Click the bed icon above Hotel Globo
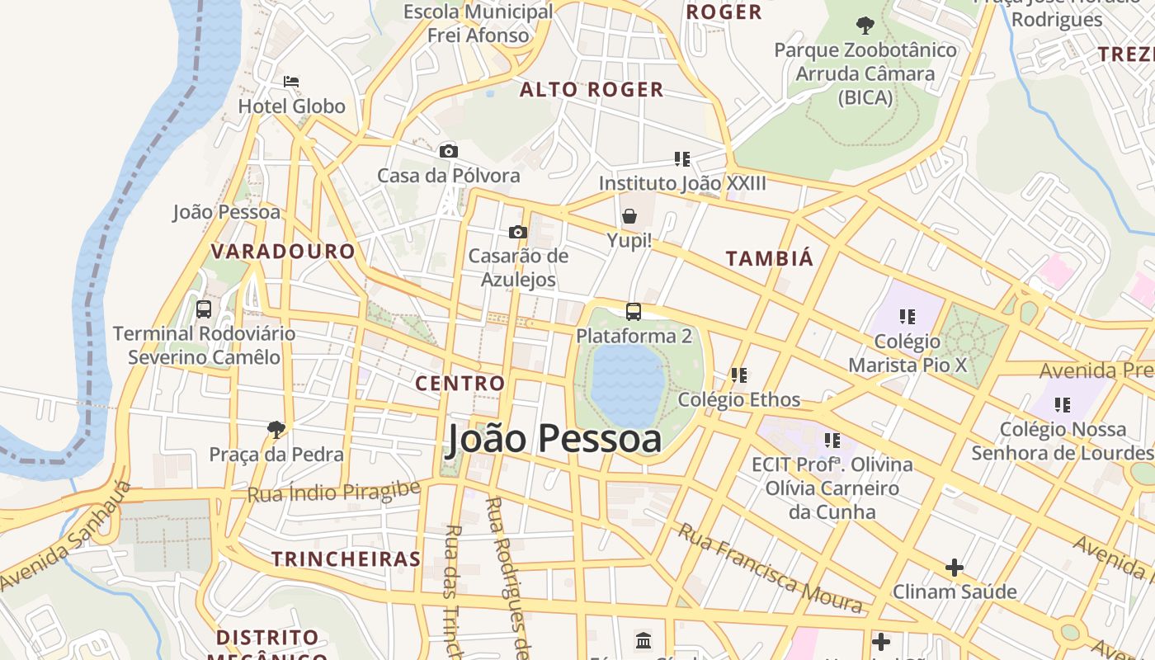(x=291, y=82)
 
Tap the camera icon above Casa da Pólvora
(x=449, y=151)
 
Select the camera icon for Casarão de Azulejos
(x=518, y=232)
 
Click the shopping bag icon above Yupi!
(x=629, y=216)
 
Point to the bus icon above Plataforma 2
(x=634, y=312)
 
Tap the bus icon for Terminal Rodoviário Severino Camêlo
(x=204, y=309)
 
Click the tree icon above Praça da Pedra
(x=276, y=429)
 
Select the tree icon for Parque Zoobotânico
(x=865, y=26)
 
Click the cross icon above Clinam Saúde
(x=955, y=568)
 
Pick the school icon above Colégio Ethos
(x=739, y=375)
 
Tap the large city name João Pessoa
(x=554, y=439)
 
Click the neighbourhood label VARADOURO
(x=283, y=252)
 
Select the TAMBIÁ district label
(x=770, y=258)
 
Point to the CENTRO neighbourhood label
(x=460, y=383)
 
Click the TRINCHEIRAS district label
(x=346, y=559)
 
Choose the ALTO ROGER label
(x=592, y=90)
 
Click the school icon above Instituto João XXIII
(x=681, y=158)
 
